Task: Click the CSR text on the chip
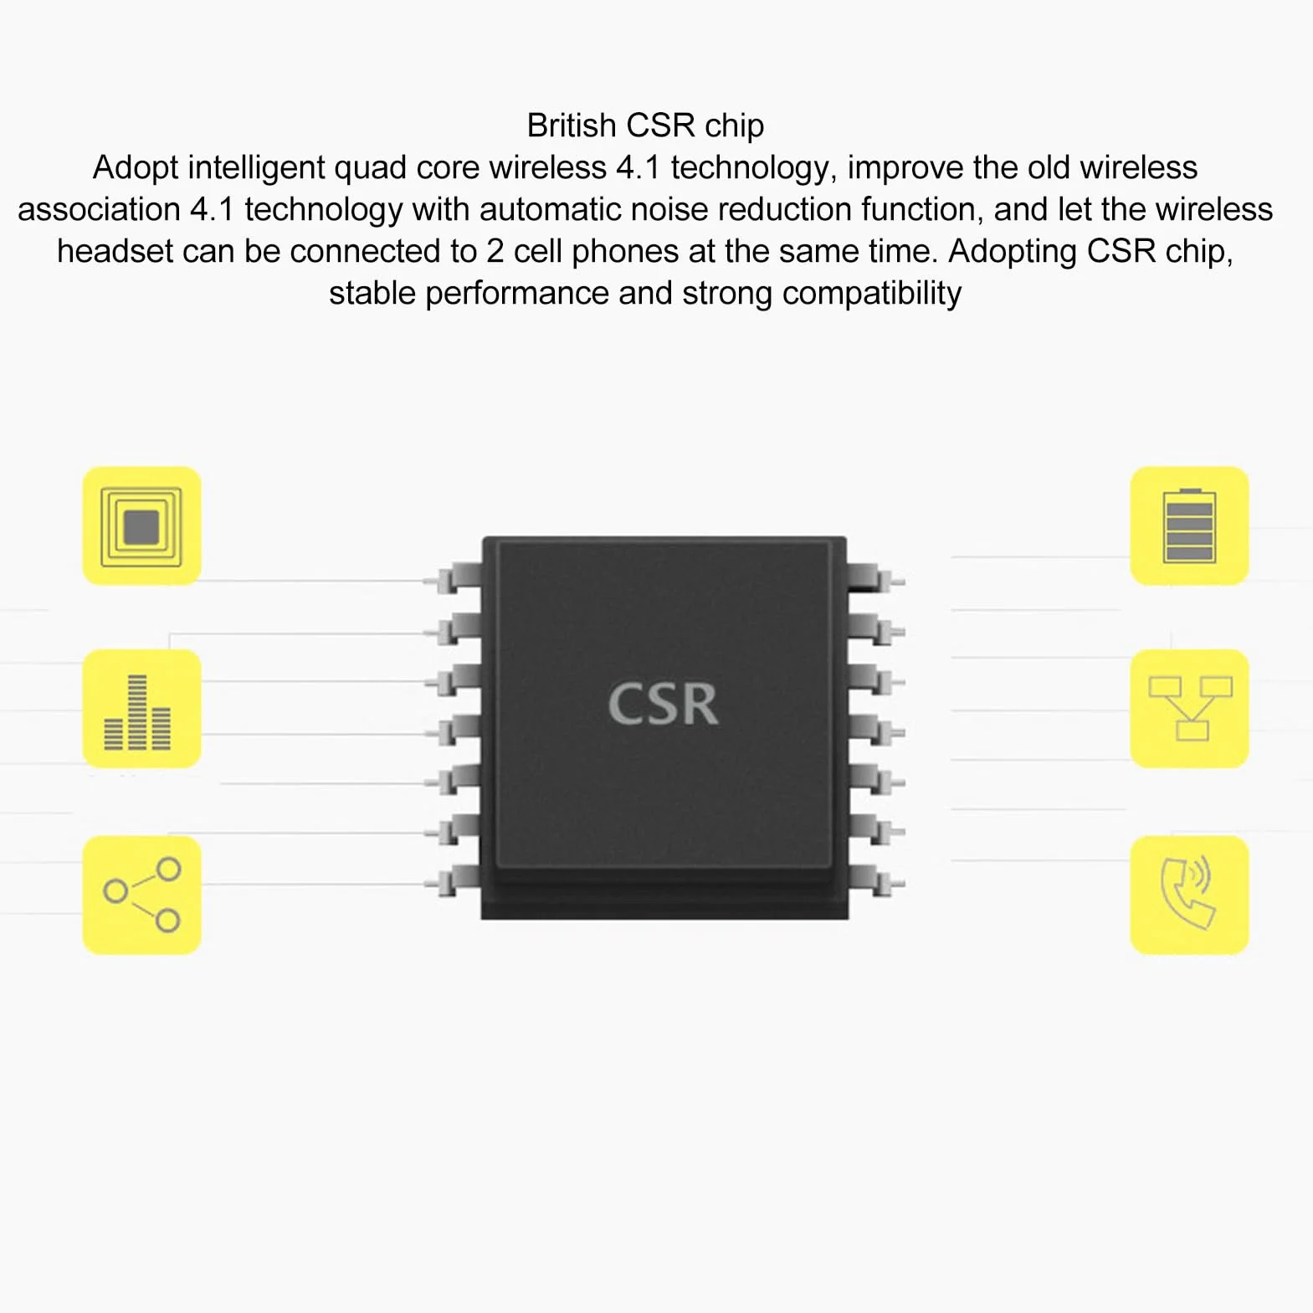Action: (663, 704)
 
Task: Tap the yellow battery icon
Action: (1189, 526)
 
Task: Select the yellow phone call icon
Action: (1189, 895)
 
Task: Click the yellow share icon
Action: (141, 895)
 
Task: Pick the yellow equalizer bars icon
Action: (141, 709)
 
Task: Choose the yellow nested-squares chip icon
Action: (141, 526)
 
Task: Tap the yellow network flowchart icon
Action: (1189, 709)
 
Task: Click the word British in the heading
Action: (572, 126)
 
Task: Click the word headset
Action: (115, 252)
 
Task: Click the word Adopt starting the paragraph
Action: (136, 168)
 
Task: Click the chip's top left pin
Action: (453, 578)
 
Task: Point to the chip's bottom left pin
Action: (453, 883)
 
